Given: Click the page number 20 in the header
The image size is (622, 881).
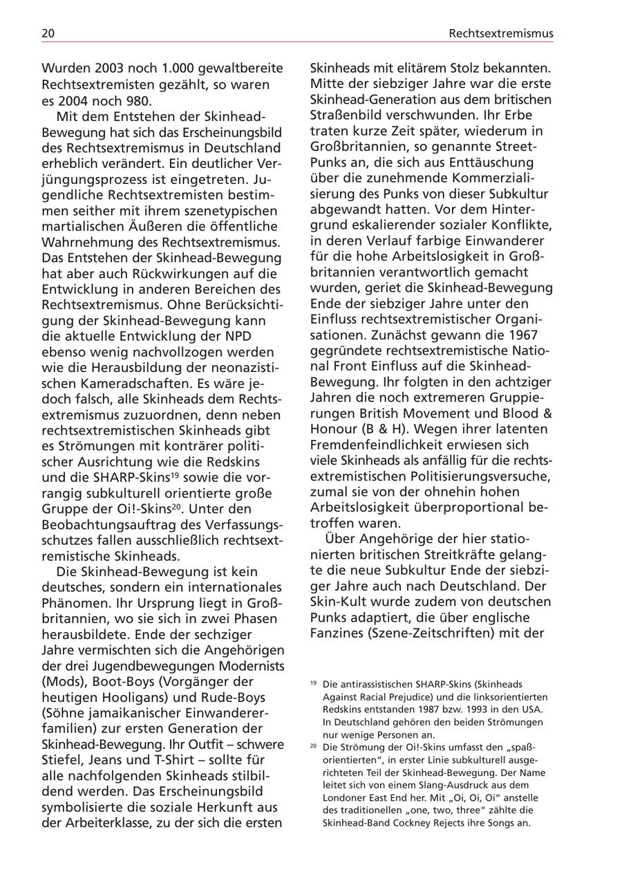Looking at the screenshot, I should click(x=48, y=33).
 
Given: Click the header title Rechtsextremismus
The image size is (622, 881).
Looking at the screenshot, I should click(x=500, y=33).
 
